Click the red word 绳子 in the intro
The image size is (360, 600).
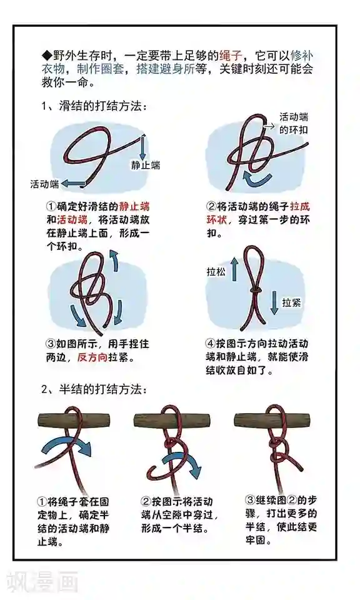click(231, 56)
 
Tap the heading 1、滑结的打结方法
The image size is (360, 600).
click(94, 106)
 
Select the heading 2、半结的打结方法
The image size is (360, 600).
click(94, 389)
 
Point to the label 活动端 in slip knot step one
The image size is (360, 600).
click(44, 184)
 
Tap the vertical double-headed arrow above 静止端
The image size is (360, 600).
click(142, 147)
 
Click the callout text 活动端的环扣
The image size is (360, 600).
click(294, 123)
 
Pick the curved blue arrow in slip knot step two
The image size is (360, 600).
click(257, 179)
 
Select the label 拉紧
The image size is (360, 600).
click(291, 302)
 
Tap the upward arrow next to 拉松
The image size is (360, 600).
click(234, 269)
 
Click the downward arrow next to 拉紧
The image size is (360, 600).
click(274, 302)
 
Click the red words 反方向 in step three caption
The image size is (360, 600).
click(92, 357)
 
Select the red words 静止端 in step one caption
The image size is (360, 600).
click(134, 207)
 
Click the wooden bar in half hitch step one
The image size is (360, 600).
click(74, 421)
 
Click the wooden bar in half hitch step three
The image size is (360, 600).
click(272, 421)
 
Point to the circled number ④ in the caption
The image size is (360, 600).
click(211, 344)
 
